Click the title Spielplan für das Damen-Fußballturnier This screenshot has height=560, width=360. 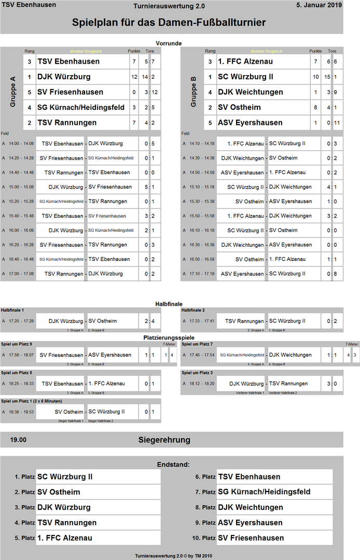click(169, 23)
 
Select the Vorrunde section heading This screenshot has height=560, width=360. click(169, 43)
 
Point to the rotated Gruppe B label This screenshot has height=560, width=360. click(193, 92)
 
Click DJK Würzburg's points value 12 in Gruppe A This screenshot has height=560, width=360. click(134, 77)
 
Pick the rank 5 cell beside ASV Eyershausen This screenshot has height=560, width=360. click(210, 123)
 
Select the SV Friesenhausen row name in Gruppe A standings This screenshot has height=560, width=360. click(70, 92)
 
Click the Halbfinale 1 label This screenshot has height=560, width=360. click(12, 310)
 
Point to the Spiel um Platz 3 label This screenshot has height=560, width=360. click(198, 372)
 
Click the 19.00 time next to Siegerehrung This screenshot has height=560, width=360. click(18, 440)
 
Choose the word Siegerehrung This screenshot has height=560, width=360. click(164, 440)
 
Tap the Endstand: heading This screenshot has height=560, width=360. click(173, 465)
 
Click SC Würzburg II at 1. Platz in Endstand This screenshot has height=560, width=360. click(65, 477)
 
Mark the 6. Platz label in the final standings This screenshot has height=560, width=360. click(205, 477)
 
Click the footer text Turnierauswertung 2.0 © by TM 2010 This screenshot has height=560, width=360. click(173, 555)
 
